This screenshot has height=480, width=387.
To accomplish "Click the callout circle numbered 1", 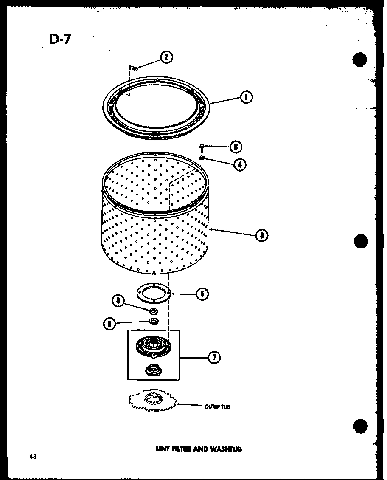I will click(x=247, y=97).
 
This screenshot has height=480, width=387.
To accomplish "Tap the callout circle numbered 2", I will click(x=167, y=57).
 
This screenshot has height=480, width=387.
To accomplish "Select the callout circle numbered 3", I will click(x=262, y=234).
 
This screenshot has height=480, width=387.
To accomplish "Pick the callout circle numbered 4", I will click(x=240, y=164).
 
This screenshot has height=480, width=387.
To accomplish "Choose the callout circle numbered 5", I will click(x=202, y=294).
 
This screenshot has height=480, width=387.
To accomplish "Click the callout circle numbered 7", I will click(x=214, y=358).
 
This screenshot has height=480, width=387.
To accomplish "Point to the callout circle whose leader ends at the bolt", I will click(x=236, y=147).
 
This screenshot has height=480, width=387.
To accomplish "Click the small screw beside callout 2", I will click(x=134, y=67).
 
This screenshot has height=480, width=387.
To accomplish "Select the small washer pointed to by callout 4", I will click(x=202, y=158).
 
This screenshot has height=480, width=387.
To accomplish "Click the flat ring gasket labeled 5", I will click(x=153, y=293).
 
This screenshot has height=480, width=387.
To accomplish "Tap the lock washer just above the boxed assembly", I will click(x=153, y=321).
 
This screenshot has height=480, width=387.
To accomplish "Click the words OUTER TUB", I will click(x=217, y=407).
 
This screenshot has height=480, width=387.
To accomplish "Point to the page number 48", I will click(x=33, y=457).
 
